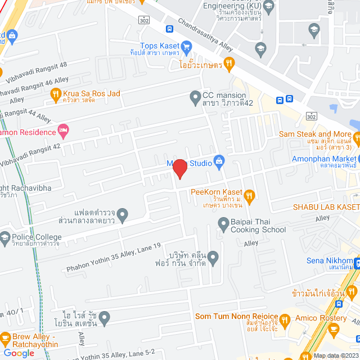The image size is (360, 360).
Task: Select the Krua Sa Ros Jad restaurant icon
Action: pos(55,96)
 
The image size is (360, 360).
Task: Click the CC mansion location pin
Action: pos(195,98)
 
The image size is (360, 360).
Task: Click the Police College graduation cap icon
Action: pos(5,237)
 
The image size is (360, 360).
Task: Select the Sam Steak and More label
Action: pos(315,134)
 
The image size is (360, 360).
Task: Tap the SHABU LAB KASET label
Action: pos(326,207)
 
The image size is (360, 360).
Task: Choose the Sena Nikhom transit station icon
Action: pos(357,261)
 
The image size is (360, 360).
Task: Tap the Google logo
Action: pos(19,353)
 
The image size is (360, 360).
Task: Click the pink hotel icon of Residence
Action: pos(64,132)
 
